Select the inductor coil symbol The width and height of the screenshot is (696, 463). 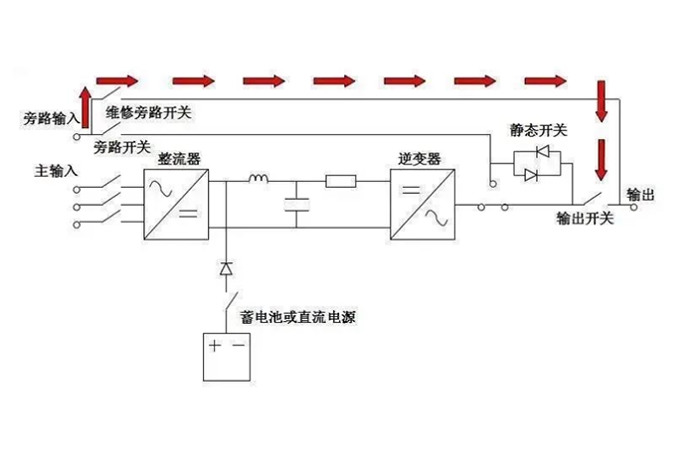click(x=260, y=180)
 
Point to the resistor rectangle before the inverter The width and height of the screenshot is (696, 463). click(x=342, y=181)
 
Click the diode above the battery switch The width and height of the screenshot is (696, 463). click(x=227, y=267)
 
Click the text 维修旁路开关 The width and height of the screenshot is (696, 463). click(x=148, y=112)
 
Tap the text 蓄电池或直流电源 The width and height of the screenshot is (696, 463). click(x=298, y=318)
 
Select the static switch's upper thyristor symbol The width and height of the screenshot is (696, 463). click(x=544, y=152)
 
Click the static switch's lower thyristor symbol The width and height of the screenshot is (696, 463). click(x=531, y=174)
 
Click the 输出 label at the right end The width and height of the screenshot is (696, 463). click(x=640, y=194)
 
